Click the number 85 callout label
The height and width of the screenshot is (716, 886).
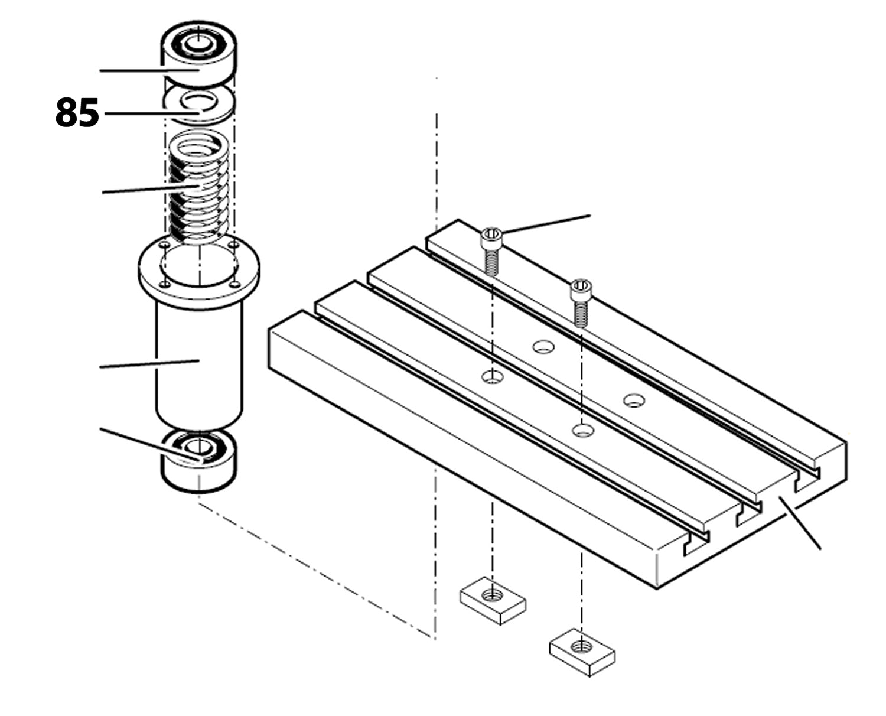tap(77, 113)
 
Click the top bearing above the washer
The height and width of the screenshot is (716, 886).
tap(199, 56)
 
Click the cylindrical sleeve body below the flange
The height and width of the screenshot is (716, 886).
tap(198, 360)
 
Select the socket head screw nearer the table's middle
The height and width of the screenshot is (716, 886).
tap(580, 301)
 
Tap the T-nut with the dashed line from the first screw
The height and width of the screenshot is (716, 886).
tap(493, 600)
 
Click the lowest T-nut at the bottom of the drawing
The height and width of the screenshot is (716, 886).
tap(582, 653)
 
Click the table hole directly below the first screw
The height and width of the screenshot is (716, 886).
tap(491, 376)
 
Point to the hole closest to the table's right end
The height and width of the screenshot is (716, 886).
tap(634, 401)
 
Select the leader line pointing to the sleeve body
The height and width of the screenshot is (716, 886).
tap(148, 364)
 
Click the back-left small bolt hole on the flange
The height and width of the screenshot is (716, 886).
tap(166, 244)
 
